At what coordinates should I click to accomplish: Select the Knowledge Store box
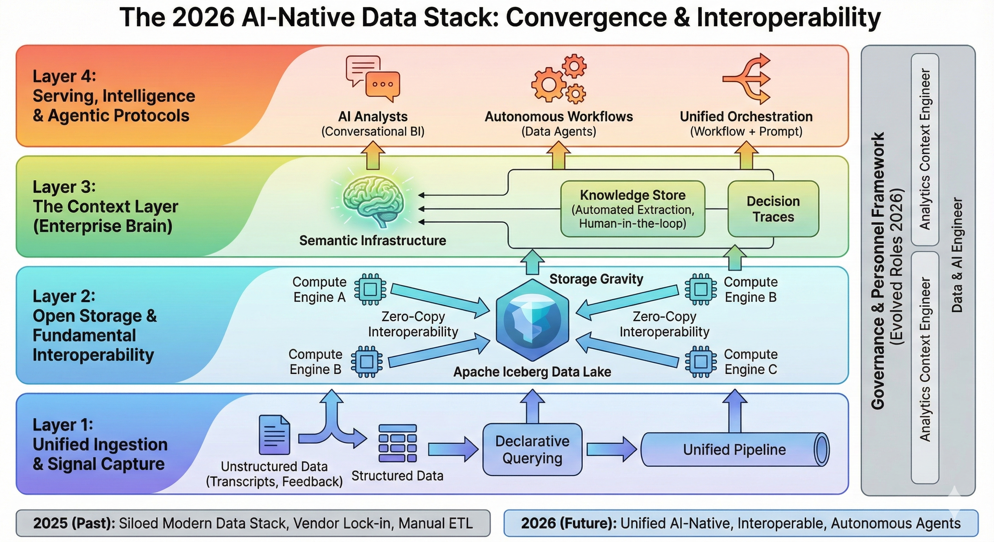click(633, 209)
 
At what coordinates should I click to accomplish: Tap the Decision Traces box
click(773, 209)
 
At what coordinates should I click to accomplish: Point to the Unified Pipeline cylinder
click(735, 450)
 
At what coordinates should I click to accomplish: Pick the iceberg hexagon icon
click(533, 320)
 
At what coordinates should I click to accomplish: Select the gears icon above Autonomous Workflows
click(559, 79)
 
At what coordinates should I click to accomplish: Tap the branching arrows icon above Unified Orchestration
click(746, 79)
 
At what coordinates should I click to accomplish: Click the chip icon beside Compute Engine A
click(370, 289)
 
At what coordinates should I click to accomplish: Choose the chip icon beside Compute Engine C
click(701, 362)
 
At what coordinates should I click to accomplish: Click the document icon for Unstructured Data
click(274, 434)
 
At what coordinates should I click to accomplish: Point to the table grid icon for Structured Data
click(397, 443)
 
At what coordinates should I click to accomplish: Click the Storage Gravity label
click(596, 279)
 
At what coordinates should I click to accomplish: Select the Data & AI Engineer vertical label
click(957, 255)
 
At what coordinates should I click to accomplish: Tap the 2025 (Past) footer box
click(253, 523)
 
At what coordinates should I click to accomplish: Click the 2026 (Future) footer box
click(741, 523)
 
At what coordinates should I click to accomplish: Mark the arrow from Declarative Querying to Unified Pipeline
click(611, 450)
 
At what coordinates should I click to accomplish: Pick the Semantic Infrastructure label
click(373, 240)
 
